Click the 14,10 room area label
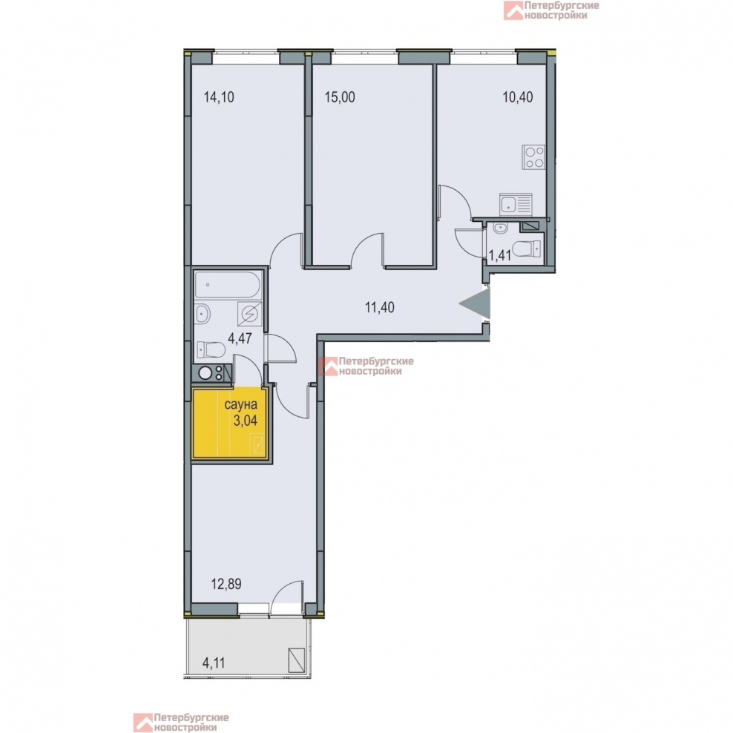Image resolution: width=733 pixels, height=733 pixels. (219, 97)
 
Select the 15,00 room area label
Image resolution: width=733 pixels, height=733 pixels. (340, 97)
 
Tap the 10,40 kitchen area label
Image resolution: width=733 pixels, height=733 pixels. (518, 97)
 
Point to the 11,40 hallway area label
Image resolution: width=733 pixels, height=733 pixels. (380, 307)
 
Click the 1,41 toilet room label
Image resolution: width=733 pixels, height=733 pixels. (500, 255)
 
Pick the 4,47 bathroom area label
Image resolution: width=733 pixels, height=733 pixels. (240, 338)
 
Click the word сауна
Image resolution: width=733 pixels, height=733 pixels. (241, 404)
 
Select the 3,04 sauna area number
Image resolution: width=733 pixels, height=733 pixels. (245, 420)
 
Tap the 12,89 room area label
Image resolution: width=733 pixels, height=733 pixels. (226, 584)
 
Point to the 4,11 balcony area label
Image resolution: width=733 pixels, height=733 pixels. (214, 663)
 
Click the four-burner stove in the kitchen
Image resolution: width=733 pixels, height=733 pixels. (534, 157)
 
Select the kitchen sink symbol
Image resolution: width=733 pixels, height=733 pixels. (516, 205)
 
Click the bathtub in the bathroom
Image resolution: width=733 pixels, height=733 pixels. (228, 285)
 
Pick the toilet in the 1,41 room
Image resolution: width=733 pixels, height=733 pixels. (527, 249)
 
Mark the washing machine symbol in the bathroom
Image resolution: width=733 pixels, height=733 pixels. (249, 313)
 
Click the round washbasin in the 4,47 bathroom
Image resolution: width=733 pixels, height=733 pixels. (202, 313)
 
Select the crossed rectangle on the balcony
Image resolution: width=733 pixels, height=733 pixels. (297, 660)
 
